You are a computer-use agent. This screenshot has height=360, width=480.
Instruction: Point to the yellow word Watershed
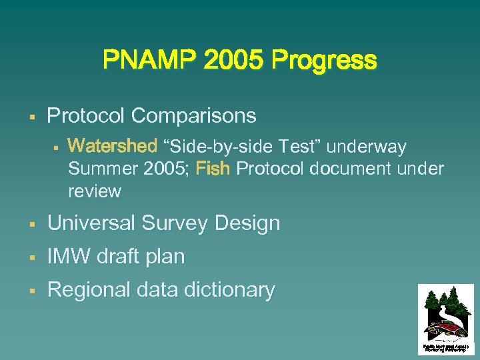coord(112,146)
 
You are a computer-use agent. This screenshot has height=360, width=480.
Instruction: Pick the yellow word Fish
coord(213,169)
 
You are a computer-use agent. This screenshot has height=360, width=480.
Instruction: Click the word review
coord(95,191)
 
